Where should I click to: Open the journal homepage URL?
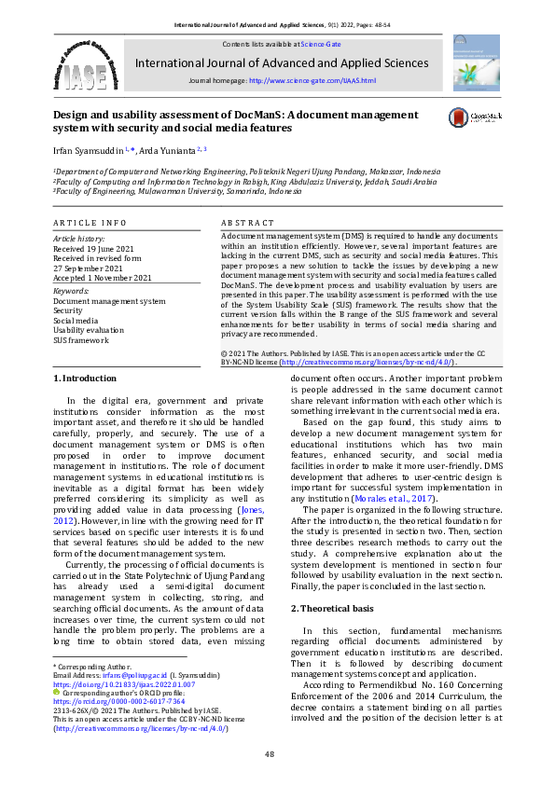pos(312,81)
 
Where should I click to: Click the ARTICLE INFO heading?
pos(90,224)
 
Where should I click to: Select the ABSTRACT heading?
pos(247,224)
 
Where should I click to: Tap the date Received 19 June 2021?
pos(93,248)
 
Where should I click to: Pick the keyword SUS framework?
pos(80,340)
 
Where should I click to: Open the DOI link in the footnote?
pos(124,684)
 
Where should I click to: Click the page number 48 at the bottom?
pos(269,753)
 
